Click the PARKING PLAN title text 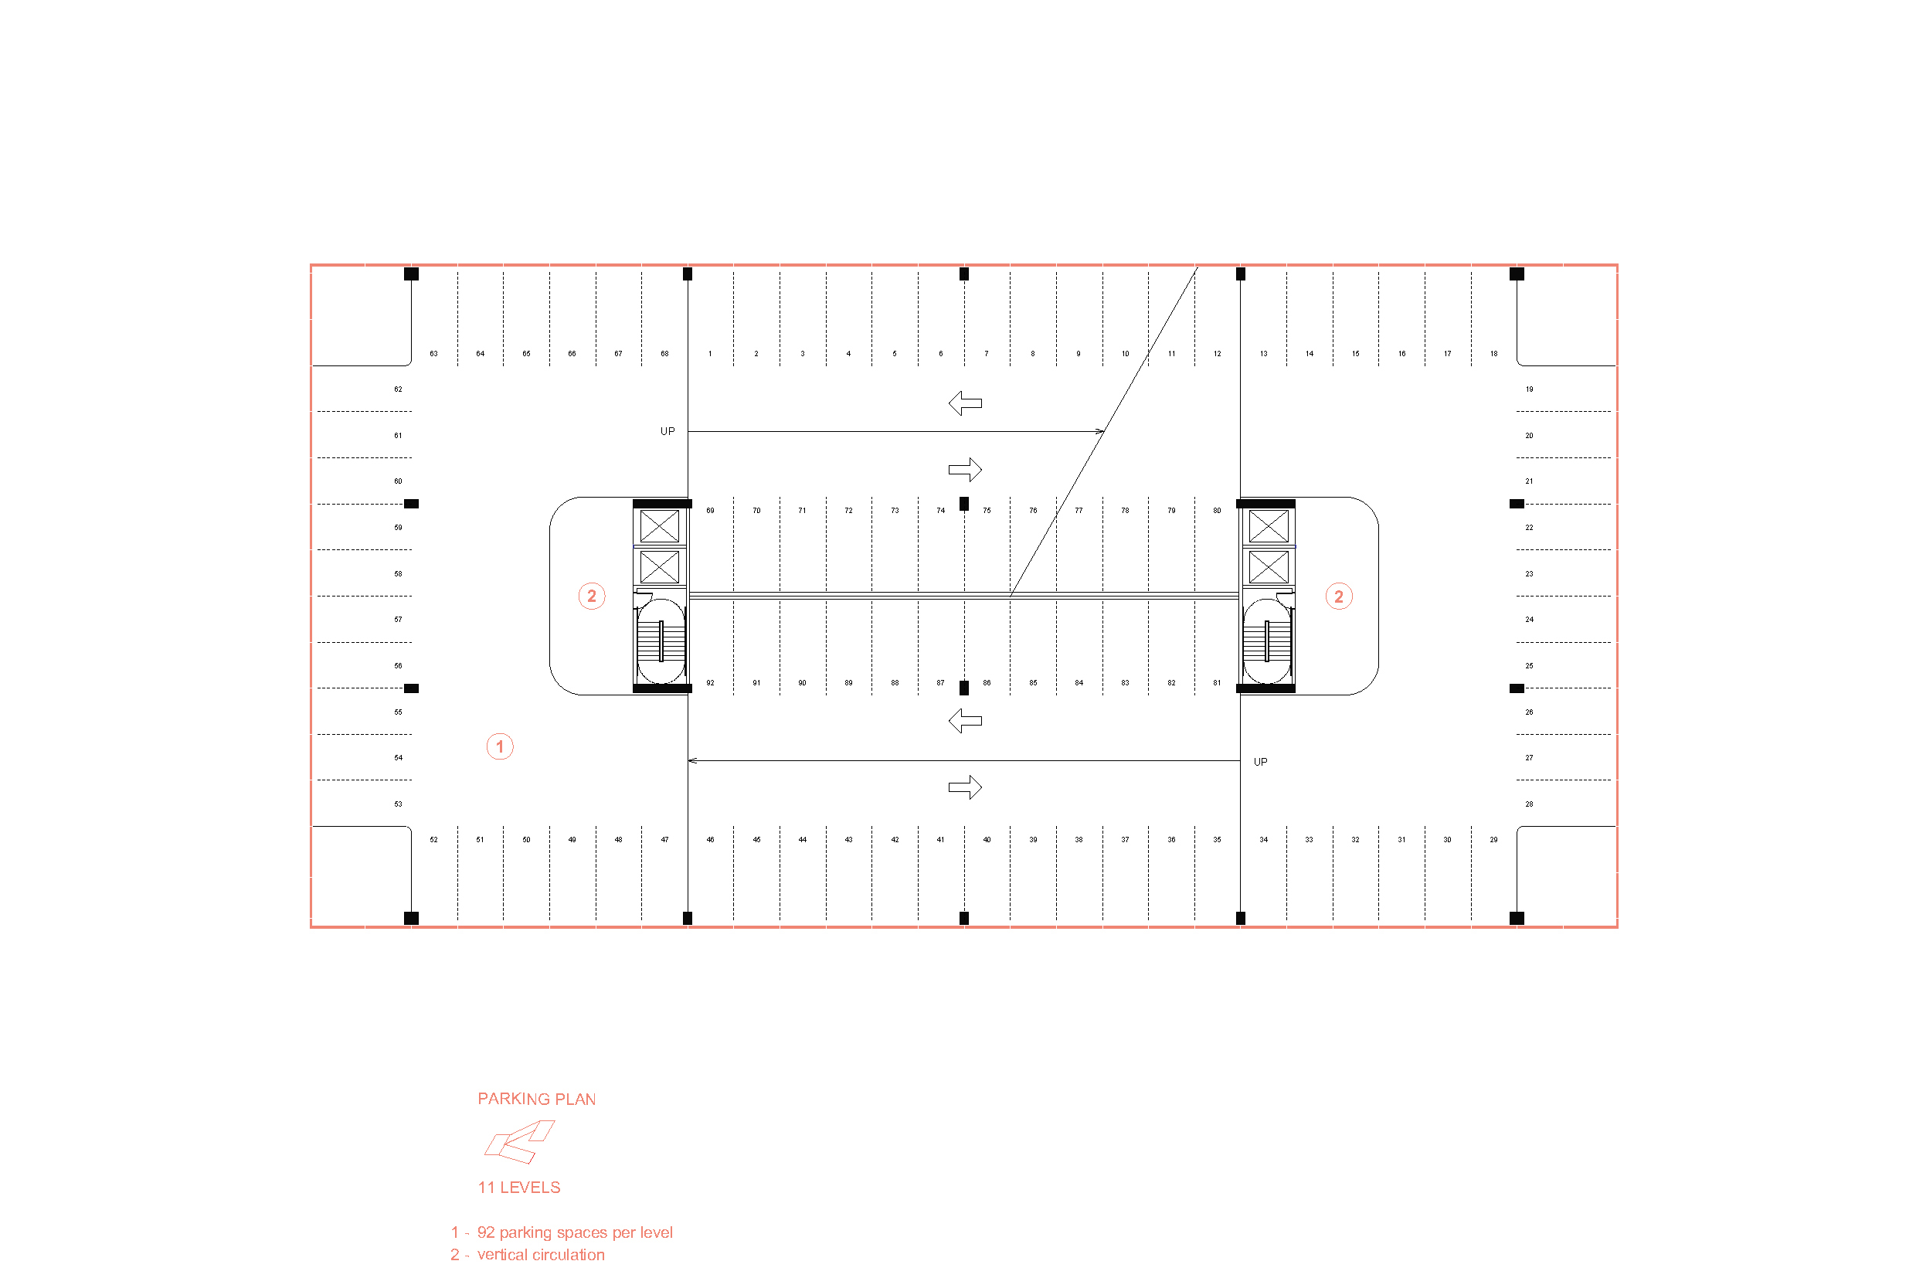coord(536,1099)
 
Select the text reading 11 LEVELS coord(518,1188)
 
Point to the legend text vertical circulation coord(540,1254)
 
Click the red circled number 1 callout coord(500,746)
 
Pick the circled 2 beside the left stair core coord(592,596)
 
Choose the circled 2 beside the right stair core coord(1338,597)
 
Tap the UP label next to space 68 coord(668,431)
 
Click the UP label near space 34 coord(1260,762)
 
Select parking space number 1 coord(710,354)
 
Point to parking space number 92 coord(710,683)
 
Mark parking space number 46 coord(710,839)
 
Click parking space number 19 coord(1529,389)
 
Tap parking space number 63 coord(433,354)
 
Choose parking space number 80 coord(1217,511)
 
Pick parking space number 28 coord(1529,804)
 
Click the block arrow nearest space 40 coord(965,787)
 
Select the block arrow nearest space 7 coord(965,403)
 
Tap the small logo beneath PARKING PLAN coord(519,1141)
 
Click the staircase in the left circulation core coord(660,641)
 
